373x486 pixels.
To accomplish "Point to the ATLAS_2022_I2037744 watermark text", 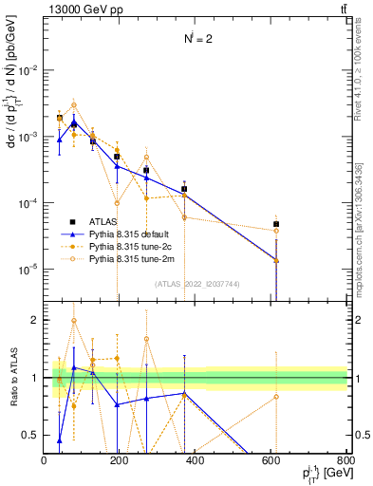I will coord(196,284).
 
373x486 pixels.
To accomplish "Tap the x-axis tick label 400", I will coord(196,460).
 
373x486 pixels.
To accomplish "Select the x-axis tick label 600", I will coord(271,460).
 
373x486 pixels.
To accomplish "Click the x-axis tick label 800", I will coord(346,460).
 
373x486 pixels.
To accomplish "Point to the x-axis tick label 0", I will coord(45,460).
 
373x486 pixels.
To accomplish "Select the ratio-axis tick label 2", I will coord(35,321).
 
